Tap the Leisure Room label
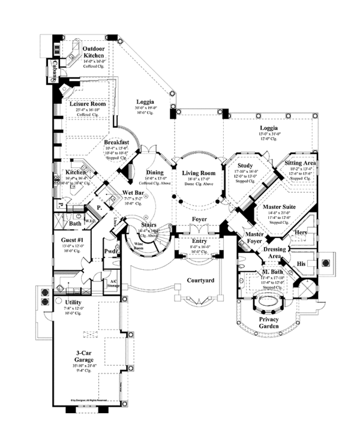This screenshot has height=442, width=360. click(x=87, y=103)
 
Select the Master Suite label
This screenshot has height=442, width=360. click(x=280, y=207)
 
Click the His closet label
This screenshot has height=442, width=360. click(x=302, y=263)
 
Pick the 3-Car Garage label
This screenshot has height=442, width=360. click(x=83, y=355)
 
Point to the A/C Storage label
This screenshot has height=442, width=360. click(x=113, y=283)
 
